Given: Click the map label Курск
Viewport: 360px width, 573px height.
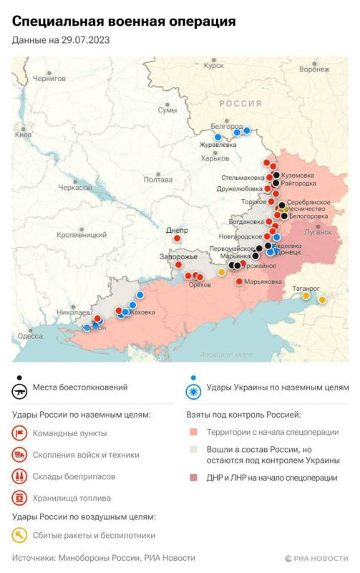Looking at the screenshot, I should click(214, 66).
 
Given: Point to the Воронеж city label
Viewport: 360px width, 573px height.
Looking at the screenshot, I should click(314, 69).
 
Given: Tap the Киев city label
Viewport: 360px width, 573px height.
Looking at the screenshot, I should click(24, 135).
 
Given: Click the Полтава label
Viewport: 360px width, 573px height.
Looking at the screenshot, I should click(157, 180).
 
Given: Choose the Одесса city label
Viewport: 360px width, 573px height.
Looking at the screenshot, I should click(31, 335).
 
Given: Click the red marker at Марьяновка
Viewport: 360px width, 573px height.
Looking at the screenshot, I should click(239, 281).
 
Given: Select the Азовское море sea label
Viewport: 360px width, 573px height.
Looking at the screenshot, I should click(225, 355).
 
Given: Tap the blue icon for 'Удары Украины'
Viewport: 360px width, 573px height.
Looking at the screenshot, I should click(193, 391).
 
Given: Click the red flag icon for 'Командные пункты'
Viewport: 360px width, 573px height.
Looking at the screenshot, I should click(20, 433).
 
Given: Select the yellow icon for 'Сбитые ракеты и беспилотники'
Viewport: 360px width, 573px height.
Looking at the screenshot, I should click(20, 534).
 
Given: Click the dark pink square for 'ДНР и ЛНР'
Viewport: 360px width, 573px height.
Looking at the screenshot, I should click(193, 478).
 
